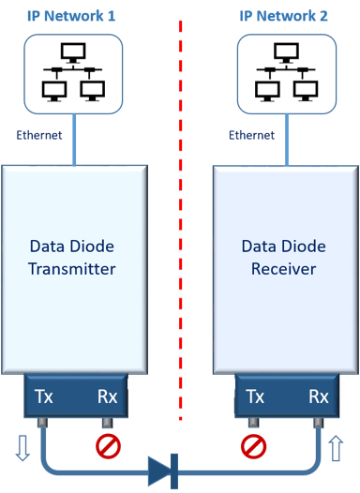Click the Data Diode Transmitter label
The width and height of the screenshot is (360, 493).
pyautogui.click(x=74, y=258)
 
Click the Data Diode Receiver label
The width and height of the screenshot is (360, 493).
pyautogui.click(x=284, y=258)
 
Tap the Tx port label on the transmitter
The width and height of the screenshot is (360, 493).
pyautogui.click(x=43, y=396)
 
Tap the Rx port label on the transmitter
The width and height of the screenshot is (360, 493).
pyautogui.click(x=108, y=396)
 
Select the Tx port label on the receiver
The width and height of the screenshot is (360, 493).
pyautogui.click(x=253, y=396)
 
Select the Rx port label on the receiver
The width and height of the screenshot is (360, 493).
pyautogui.click(x=318, y=396)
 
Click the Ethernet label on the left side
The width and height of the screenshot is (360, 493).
pyautogui.click(x=39, y=135)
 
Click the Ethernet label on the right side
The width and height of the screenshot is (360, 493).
pyautogui.click(x=251, y=135)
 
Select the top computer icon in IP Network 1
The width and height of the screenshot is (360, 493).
pyautogui.click(x=71, y=54)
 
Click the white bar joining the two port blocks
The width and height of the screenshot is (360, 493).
pyautogui.click(x=181, y=384)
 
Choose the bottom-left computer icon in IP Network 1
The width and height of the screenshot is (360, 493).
pyautogui.click(x=52, y=91)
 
